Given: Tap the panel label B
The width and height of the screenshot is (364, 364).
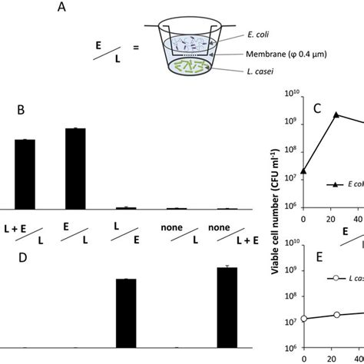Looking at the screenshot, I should [22, 110].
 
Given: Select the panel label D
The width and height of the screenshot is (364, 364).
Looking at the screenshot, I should [22, 255].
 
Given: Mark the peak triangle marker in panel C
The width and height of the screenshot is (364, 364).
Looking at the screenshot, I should [336, 114].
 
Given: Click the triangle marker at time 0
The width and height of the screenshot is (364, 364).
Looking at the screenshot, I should [303, 171].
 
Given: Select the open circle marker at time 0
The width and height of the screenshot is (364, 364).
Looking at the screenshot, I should [303, 318].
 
